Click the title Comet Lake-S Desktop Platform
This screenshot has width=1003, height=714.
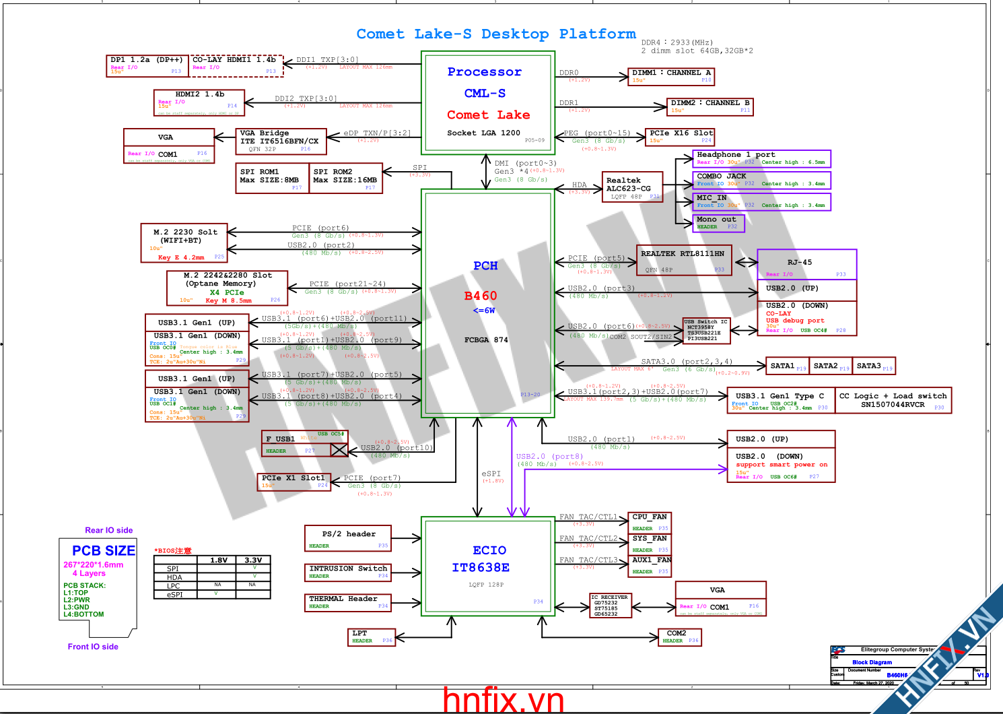pos(495,34)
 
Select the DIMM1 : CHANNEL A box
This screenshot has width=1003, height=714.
pos(670,75)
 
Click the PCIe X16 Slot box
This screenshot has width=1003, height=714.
pos(680,137)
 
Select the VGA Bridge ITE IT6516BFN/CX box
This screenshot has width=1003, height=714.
pos(280,141)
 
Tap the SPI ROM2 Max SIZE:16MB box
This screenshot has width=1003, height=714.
pos(345,178)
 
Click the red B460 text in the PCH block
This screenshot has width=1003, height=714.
pos(481,296)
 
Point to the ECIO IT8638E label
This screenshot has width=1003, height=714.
pos(489,559)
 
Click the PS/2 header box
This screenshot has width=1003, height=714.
pos(348,538)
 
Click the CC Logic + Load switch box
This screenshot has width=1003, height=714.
pos(893,400)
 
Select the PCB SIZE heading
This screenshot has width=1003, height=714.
pos(104,550)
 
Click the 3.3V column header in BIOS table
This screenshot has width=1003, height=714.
pos(253,560)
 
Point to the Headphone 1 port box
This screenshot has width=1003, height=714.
pos(761,158)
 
